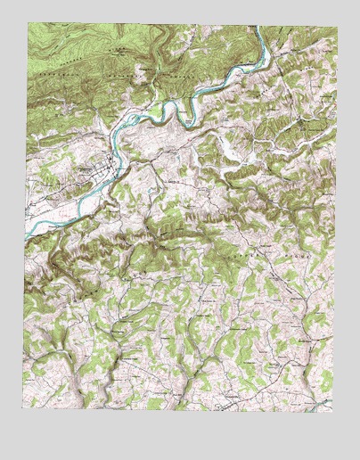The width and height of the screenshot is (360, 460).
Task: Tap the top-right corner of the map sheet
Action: click(x=338, y=27)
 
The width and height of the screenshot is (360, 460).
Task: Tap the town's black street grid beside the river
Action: click(x=106, y=165)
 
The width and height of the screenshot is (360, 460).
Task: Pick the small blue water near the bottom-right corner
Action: click(x=327, y=402)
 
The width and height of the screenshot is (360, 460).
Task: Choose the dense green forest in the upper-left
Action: click(x=71, y=53)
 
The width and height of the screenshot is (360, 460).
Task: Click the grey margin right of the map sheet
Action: click(x=349, y=223)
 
